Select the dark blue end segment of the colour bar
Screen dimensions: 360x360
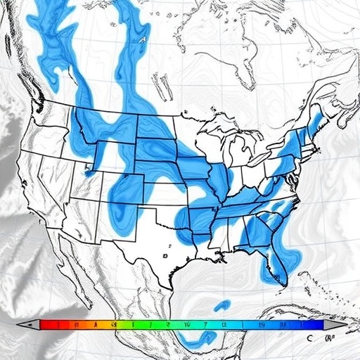pyautogui.click(x=314, y=325)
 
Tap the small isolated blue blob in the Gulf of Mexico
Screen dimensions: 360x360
pyautogui.click(x=222, y=305)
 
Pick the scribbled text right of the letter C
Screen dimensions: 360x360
pyautogui.click(x=328, y=338)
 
